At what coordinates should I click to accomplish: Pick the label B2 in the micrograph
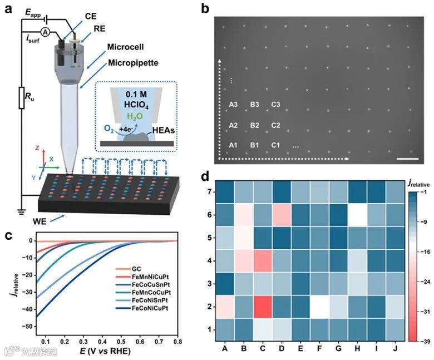click(x=254, y=125)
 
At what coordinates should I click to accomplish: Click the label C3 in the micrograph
click(x=275, y=104)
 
